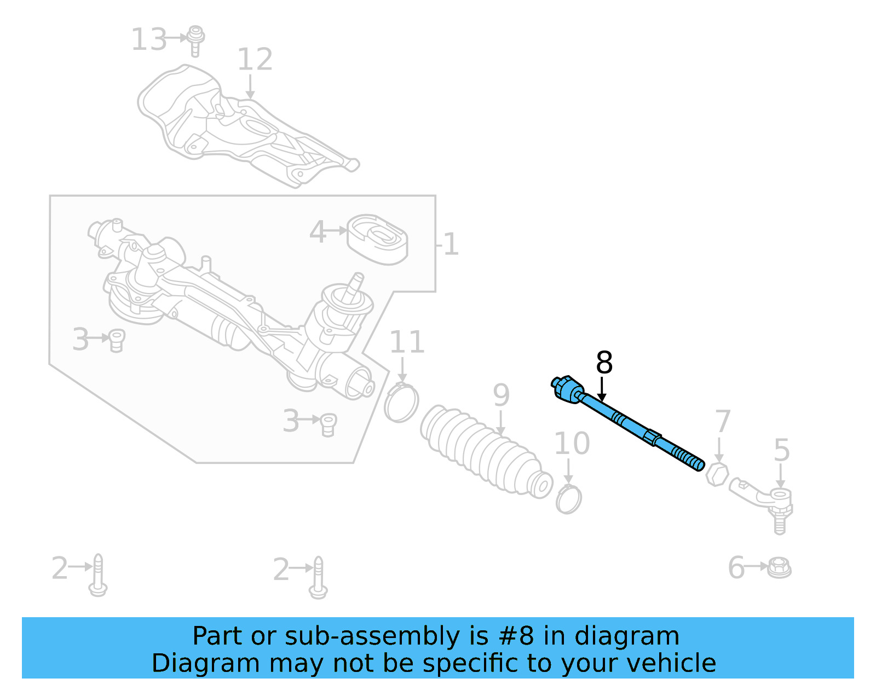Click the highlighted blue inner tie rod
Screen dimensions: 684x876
pos(630,424)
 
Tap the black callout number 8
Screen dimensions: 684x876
pos(604,363)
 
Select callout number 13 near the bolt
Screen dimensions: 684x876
pos(149,40)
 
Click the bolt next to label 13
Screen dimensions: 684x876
pos(195,39)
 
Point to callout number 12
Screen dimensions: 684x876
pos(255,60)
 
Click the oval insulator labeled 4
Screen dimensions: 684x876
pos(378,239)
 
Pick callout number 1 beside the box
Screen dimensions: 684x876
pos(451,244)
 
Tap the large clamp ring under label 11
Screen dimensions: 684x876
pos(401,403)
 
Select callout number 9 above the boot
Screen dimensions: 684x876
pos(501,395)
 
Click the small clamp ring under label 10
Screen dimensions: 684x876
pos(568,499)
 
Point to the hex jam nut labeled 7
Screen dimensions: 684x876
pos(717,474)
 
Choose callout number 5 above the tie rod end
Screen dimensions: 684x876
pos(781,450)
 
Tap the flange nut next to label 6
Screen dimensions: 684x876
pos(779,567)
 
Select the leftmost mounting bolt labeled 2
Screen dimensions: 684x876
pos(98,575)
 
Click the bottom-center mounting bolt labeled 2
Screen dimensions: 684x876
pos(318,578)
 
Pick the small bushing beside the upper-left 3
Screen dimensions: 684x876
pos(117,340)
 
